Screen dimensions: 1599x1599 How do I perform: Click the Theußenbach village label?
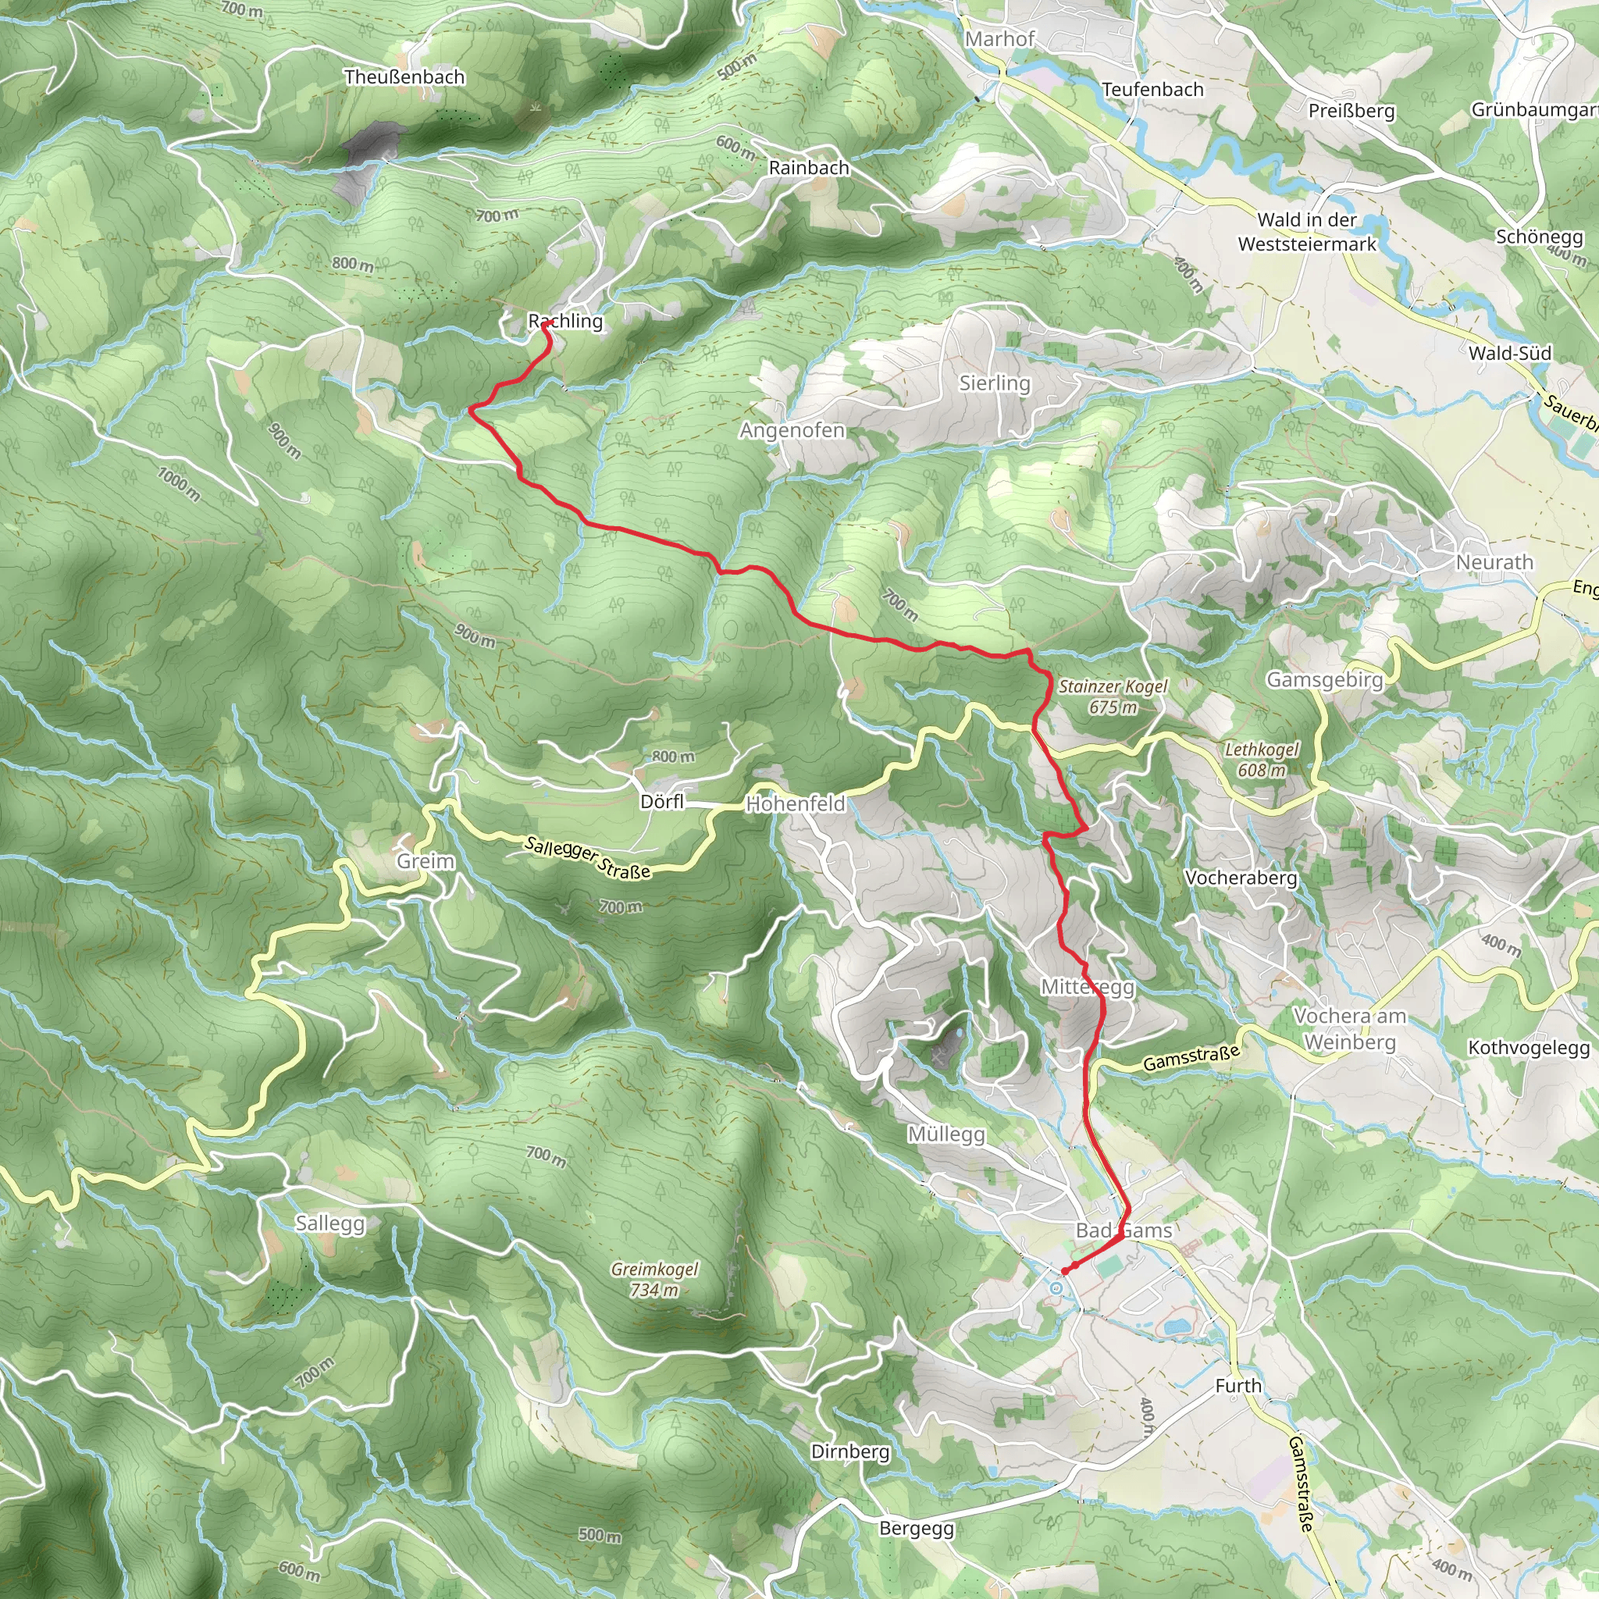pyautogui.click(x=404, y=77)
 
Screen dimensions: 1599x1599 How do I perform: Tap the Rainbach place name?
pyautogui.click(x=809, y=168)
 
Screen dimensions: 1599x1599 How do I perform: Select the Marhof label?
pyautogui.click(x=1000, y=39)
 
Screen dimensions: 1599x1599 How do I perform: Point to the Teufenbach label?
pyautogui.click(x=1152, y=89)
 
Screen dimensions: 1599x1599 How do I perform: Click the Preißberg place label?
pyautogui.click(x=1351, y=111)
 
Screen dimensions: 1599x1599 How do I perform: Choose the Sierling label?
pyautogui.click(x=994, y=383)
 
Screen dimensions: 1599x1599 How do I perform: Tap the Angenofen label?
pyautogui.click(x=792, y=430)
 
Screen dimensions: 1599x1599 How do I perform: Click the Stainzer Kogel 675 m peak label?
pyautogui.click(x=1113, y=696)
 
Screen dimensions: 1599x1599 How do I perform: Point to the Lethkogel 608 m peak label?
pyautogui.click(x=1262, y=760)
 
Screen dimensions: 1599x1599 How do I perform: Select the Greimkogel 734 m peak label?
pyautogui.click(x=654, y=1279)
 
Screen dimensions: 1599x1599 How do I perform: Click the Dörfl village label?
pyautogui.click(x=662, y=802)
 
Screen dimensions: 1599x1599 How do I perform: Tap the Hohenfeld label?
pyautogui.click(x=796, y=803)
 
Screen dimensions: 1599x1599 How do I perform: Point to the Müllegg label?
pyautogui.click(x=946, y=1134)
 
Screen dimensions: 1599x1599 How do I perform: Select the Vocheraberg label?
pyautogui.click(x=1241, y=878)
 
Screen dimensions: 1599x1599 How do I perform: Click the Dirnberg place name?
pyautogui.click(x=850, y=1451)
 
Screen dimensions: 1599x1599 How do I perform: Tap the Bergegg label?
pyautogui.click(x=916, y=1529)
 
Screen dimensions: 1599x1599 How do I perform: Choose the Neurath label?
pyautogui.click(x=1494, y=563)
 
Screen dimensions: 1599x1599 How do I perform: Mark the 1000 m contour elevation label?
pyautogui.click(x=179, y=483)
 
